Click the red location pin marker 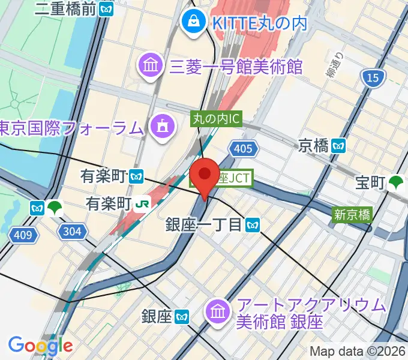205,174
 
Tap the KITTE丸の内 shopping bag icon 194,22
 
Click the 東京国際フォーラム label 72,127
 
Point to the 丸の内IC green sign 216,119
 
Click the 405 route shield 243,148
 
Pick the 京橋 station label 314,145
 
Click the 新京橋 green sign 352,214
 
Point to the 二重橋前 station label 66,8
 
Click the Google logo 40,345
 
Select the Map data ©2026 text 356,351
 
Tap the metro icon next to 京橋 340,145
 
